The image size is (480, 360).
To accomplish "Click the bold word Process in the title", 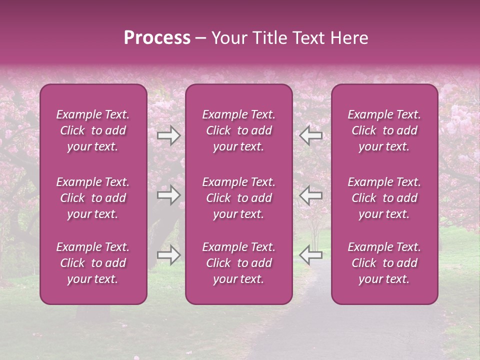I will [x=157, y=38].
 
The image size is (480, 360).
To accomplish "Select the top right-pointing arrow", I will [x=168, y=135].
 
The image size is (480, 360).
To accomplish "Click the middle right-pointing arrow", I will [x=168, y=195].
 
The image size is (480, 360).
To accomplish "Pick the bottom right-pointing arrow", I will [x=168, y=255].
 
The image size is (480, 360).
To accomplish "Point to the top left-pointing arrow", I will [x=310, y=135].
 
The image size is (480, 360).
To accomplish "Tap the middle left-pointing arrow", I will [x=310, y=195].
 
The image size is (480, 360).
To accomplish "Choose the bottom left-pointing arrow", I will [x=310, y=255].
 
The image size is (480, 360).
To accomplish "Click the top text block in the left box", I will [x=93, y=130].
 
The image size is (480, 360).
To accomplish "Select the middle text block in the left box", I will [x=93, y=198].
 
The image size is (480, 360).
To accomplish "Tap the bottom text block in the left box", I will [x=93, y=263].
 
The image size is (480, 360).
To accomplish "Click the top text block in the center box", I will [x=239, y=130].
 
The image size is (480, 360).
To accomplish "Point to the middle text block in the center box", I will [x=239, y=198].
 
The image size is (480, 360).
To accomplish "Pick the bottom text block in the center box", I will [x=239, y=263].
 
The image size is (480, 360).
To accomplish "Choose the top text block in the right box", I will [x=384, y=130].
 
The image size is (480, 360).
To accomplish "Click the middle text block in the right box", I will [x=384, y=198].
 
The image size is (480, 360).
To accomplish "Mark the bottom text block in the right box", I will [x=384, y=263].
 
